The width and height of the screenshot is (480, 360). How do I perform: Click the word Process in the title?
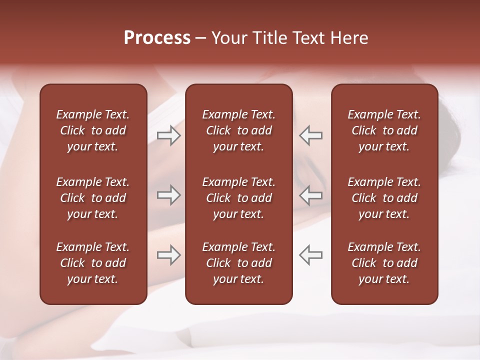click(157, 38)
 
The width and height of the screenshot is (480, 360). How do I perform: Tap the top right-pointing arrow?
click(169, 135)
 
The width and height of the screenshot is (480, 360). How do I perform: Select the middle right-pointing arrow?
click(169, 195)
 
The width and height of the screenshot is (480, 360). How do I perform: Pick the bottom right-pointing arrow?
click(169, 255)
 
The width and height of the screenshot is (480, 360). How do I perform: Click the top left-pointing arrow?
click(310, 135)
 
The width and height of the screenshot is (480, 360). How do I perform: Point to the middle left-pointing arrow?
click(310, 195)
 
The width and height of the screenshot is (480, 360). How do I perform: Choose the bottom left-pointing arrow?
click(310, 255)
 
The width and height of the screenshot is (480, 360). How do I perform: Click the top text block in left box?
click(93, 130)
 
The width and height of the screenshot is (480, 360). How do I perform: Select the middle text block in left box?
click(93, 198)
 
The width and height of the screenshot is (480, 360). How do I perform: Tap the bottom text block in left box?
click(93, 263)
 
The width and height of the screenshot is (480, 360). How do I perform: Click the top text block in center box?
click(238, 130)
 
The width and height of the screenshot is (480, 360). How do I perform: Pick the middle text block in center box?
click(238, 198)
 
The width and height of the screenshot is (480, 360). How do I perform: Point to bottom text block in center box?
click(238, 263)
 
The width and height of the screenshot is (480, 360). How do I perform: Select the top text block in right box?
click(384, 130)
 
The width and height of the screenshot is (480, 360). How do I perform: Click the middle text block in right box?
click(384, 198)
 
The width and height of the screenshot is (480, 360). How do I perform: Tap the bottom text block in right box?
click(384, 263)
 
